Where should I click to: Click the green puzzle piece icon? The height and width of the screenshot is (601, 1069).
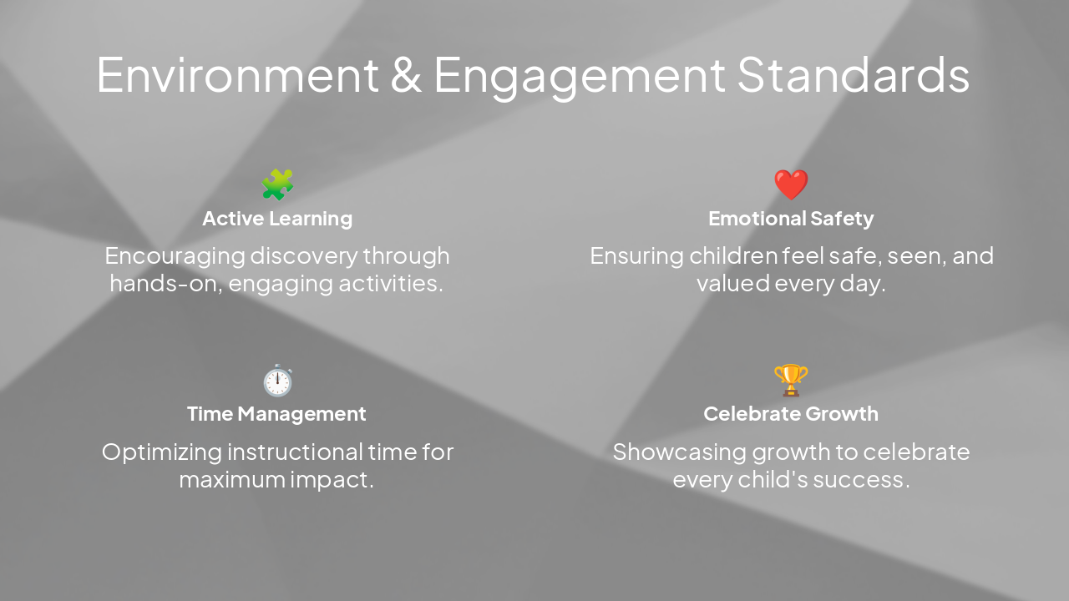tap(277, 184)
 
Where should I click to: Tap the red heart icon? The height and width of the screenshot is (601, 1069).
tap(791, 184)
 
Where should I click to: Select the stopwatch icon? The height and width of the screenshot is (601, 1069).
tap(277, 381)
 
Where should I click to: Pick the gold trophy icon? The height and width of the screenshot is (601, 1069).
tap(791, 381)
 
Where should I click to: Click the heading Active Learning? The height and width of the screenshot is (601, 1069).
tap(277, 219)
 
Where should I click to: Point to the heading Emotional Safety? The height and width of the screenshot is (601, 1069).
tap(791, 219)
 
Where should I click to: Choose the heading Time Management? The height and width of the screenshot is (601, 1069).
tap(276, 414)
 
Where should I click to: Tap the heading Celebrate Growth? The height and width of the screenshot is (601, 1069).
tap(791, 414)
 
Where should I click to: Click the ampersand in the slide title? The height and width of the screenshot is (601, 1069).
tap(406, 75)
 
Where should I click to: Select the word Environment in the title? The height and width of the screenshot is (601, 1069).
tap(237, 75)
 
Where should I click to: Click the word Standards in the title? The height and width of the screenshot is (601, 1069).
tap(853, 75)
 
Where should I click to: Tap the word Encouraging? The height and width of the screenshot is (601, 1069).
tap(175, 255)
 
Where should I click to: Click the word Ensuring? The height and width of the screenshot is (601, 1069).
tap(636, 255)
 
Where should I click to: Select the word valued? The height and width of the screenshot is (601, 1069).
tap(732, 284)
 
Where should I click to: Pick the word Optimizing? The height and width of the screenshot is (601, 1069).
tap(161, 452)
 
